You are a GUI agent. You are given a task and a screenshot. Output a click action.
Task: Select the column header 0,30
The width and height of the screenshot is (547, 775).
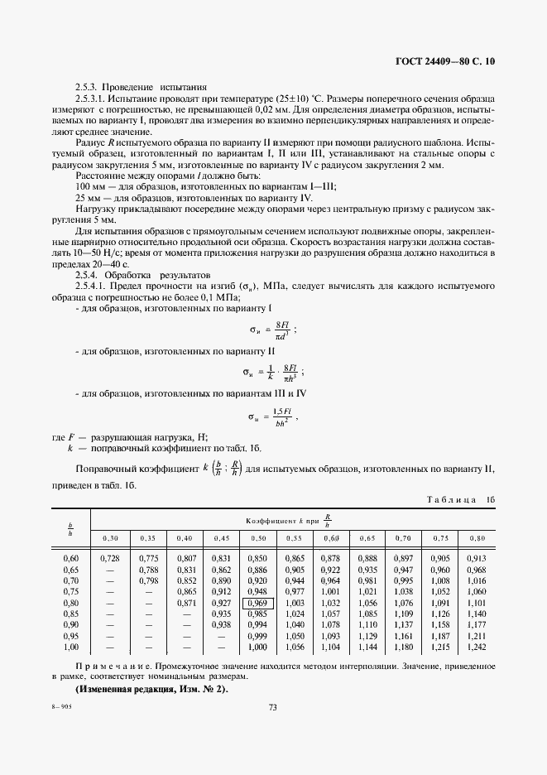coord(109,538)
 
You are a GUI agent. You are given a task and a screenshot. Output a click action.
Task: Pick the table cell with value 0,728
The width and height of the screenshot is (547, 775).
coord(109,561)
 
